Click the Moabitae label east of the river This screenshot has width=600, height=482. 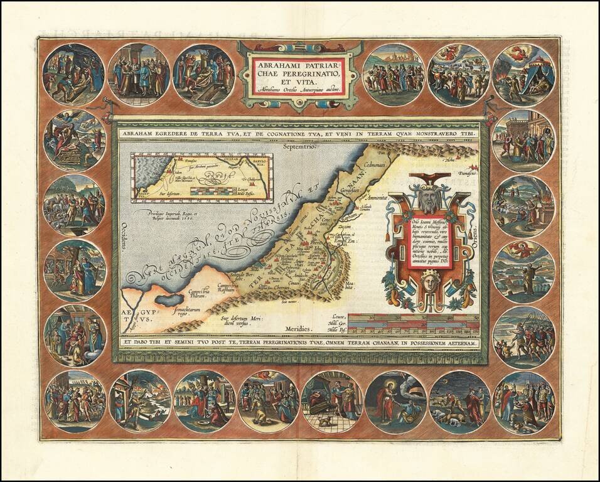click(x=347, y=291)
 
